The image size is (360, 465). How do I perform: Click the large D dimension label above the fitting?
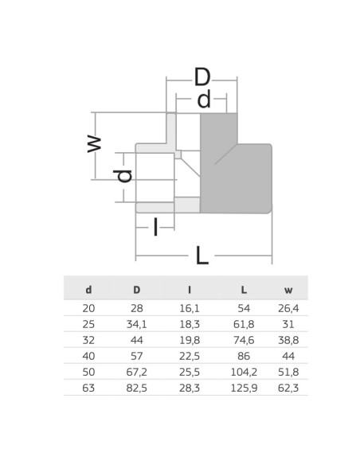(x=202, y=76)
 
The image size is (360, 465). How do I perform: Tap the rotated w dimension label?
(x=94, y=144)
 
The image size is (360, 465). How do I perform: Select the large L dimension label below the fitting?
(x=202, y=255)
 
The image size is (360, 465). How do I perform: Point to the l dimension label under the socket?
(x=155, y=227)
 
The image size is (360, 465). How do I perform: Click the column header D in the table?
(x=136, y=290)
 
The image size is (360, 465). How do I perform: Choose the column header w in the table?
(x=288, y=290)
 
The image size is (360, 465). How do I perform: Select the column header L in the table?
(x=244, y=290)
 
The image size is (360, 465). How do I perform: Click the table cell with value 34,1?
(x=136, y=324)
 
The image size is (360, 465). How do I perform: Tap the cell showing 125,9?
(x=244, y=388)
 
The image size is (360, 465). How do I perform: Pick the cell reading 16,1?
(x=190, y=308)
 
